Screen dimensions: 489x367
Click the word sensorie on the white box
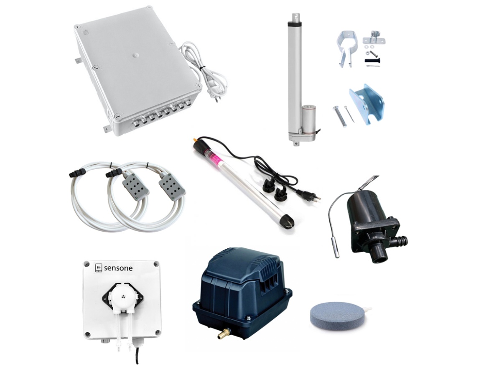click(118, 268)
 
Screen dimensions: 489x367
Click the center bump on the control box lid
click(135, 55)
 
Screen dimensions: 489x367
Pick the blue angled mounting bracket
click(367, 104)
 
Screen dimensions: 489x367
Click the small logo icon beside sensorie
click(98, 268)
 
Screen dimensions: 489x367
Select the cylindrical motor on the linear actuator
click(308, 117)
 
